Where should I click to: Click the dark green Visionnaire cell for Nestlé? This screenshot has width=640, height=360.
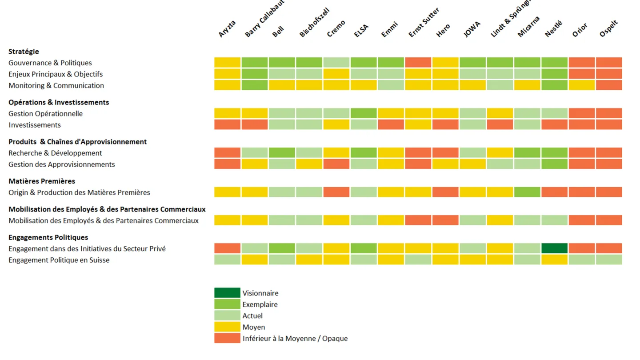point(554,248)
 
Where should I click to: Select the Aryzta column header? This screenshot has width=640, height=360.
point(227,29)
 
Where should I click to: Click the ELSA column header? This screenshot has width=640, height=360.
point(362,30)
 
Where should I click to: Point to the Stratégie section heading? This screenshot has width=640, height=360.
point(24,52)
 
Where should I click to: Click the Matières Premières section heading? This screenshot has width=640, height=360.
point(42,181)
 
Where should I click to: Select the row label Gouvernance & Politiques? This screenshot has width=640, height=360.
point(50,63)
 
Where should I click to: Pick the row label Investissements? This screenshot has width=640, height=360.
point(35,125)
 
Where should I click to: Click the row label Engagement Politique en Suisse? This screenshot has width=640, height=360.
point(59,260)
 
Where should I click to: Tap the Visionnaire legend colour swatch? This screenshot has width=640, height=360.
point(227,293)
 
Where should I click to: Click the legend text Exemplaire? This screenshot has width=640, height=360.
point(260,304)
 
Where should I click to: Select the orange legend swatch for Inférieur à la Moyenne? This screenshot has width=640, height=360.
point(227,338)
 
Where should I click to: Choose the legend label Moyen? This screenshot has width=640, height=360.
point(254,327)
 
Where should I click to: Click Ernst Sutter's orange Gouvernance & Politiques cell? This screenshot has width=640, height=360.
point(418,63)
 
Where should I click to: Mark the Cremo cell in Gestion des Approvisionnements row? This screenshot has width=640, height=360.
point(336,164)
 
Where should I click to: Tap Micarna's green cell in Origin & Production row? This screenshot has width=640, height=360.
point(527,192)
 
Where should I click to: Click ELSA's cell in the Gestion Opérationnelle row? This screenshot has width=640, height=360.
point(364,113)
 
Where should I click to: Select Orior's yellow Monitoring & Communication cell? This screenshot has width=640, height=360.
point(581,85)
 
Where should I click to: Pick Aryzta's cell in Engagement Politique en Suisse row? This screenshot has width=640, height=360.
point(227,260)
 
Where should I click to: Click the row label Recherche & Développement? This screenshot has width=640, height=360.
point(55,153)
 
